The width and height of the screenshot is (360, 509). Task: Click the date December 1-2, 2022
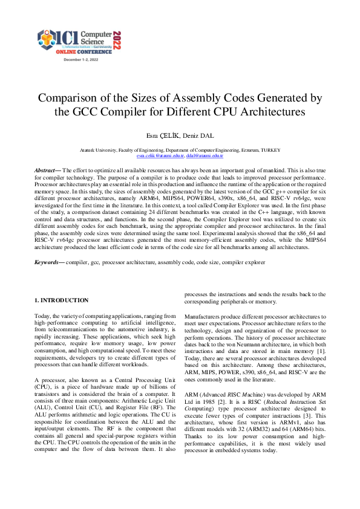[80, 60]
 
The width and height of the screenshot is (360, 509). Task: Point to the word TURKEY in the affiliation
[268, 150]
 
